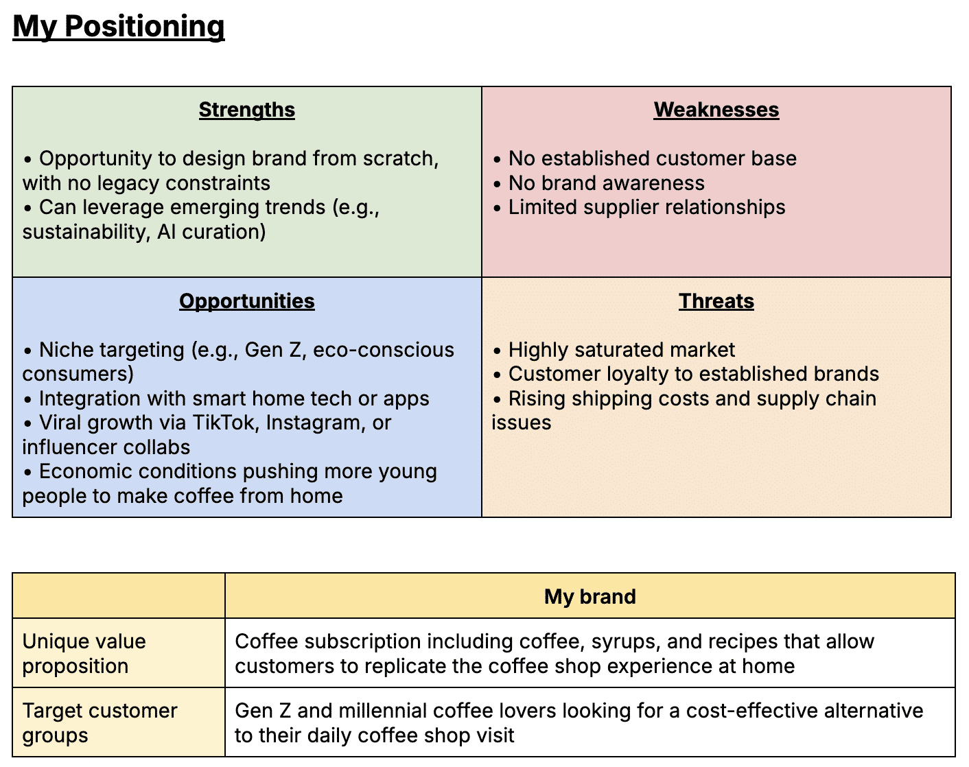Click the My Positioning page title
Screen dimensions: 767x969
(x=119, y=27)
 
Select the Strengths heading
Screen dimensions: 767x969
(x=247, y=110)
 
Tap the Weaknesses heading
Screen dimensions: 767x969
(x=716, y=110)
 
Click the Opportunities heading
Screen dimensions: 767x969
(x=247, y=301)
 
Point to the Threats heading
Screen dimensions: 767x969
(x=716, y=301)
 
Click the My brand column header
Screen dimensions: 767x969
(x=589, y=596)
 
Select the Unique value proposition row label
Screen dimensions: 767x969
(x=84, y=653)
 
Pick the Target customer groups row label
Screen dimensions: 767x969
(x=100, y=722)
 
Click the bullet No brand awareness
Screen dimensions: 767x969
(x=606, y=183)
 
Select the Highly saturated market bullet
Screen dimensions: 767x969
(x=621, y=350)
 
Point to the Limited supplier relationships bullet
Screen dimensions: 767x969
(x=646, y=207)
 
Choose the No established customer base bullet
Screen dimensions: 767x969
(x=652, y=158)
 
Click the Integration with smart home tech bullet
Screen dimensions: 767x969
(x=233, y=399)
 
